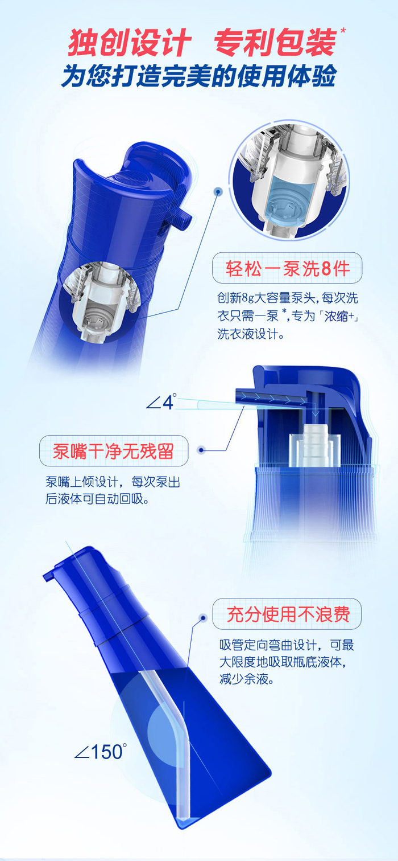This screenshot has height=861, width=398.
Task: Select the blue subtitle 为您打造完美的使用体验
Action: tap(199, 75)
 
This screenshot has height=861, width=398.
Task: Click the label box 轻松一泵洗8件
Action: tap(287, 268)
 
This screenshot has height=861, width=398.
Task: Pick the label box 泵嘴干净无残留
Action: tap(114, 451)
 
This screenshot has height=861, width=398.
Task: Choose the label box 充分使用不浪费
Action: tap(287, 614)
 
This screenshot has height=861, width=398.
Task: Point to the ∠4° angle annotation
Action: tap(161, 401)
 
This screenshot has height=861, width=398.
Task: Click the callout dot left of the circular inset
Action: tap(218, 191)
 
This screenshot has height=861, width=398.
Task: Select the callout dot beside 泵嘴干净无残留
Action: tap(201, 450)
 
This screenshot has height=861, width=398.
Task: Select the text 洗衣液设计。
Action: tap(251, 333)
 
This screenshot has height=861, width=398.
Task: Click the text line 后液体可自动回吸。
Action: tap(97, 498)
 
